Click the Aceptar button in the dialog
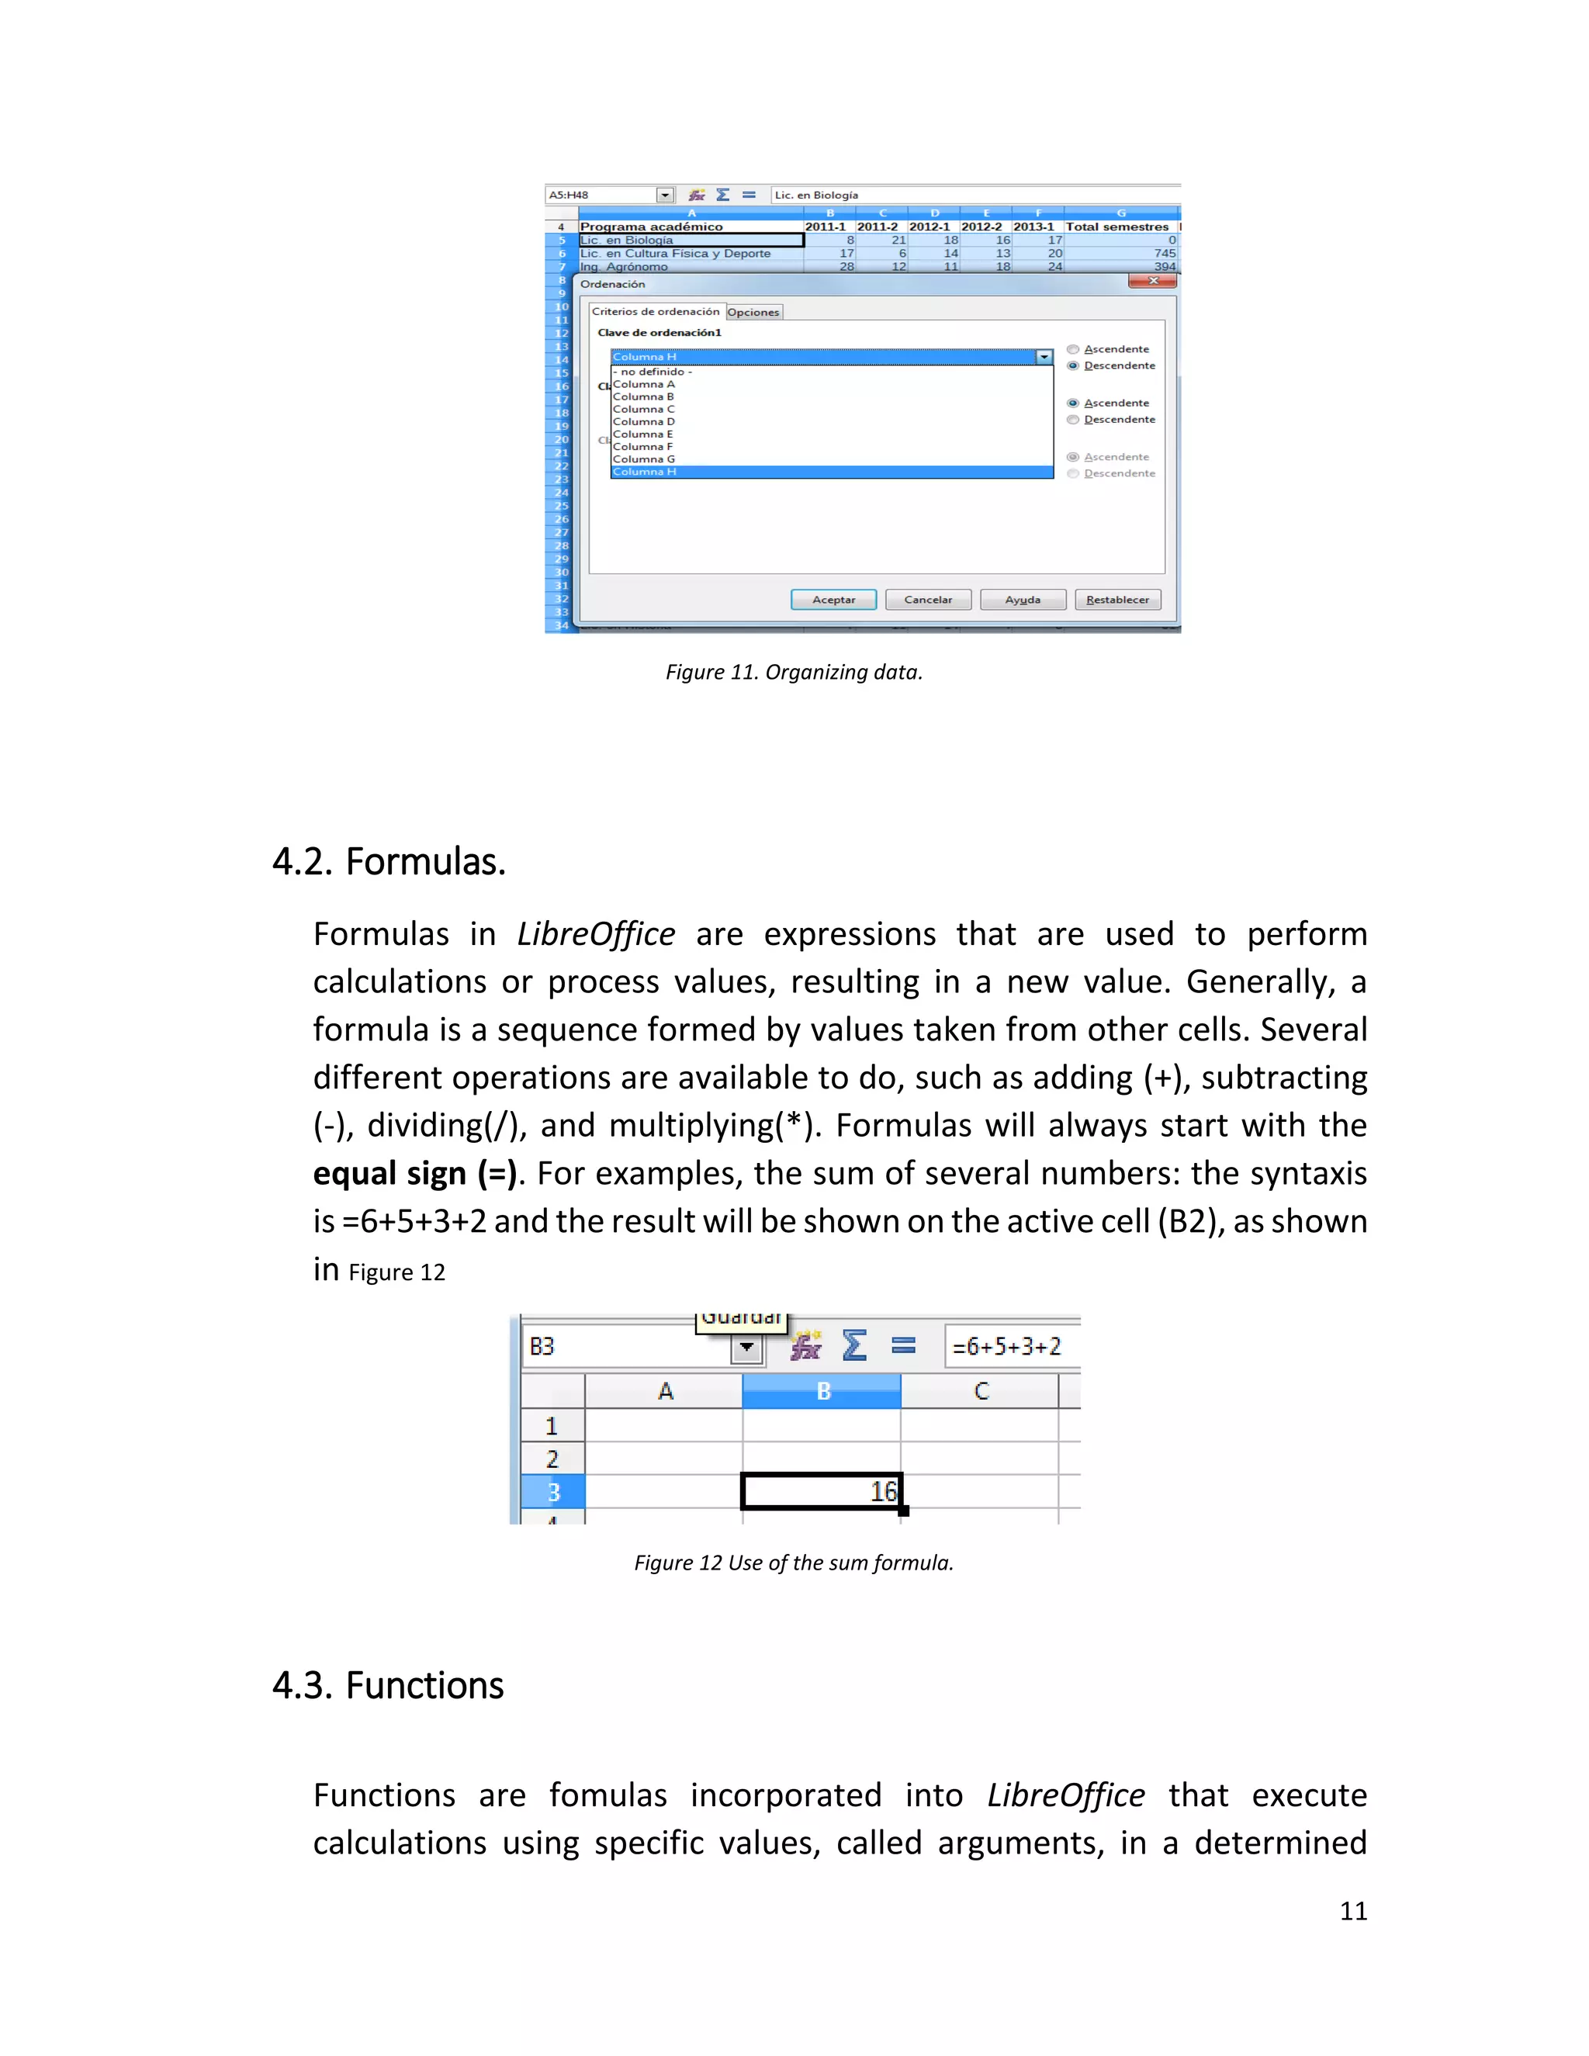coord(833,600)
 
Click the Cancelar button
coord(927,600)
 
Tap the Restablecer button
coord(1117,600)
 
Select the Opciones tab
coord(753,313)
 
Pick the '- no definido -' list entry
coord(653,372)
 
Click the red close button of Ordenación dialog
coord(1152,281)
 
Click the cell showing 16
coord(822,1491)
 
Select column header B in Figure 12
coord(822,1391)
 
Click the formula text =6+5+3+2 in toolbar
coord(1006,1347)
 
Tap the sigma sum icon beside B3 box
coord(853,1345)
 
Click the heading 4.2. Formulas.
coord(389,861)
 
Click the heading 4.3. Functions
coord(388,1685)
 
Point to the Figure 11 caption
coord(794,672)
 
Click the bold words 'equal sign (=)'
coord(414,1174)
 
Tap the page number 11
coord(1352,1911)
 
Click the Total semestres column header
coord(1116,227)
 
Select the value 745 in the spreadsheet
coord(1165,253)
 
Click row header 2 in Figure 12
coord(552,1459)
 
